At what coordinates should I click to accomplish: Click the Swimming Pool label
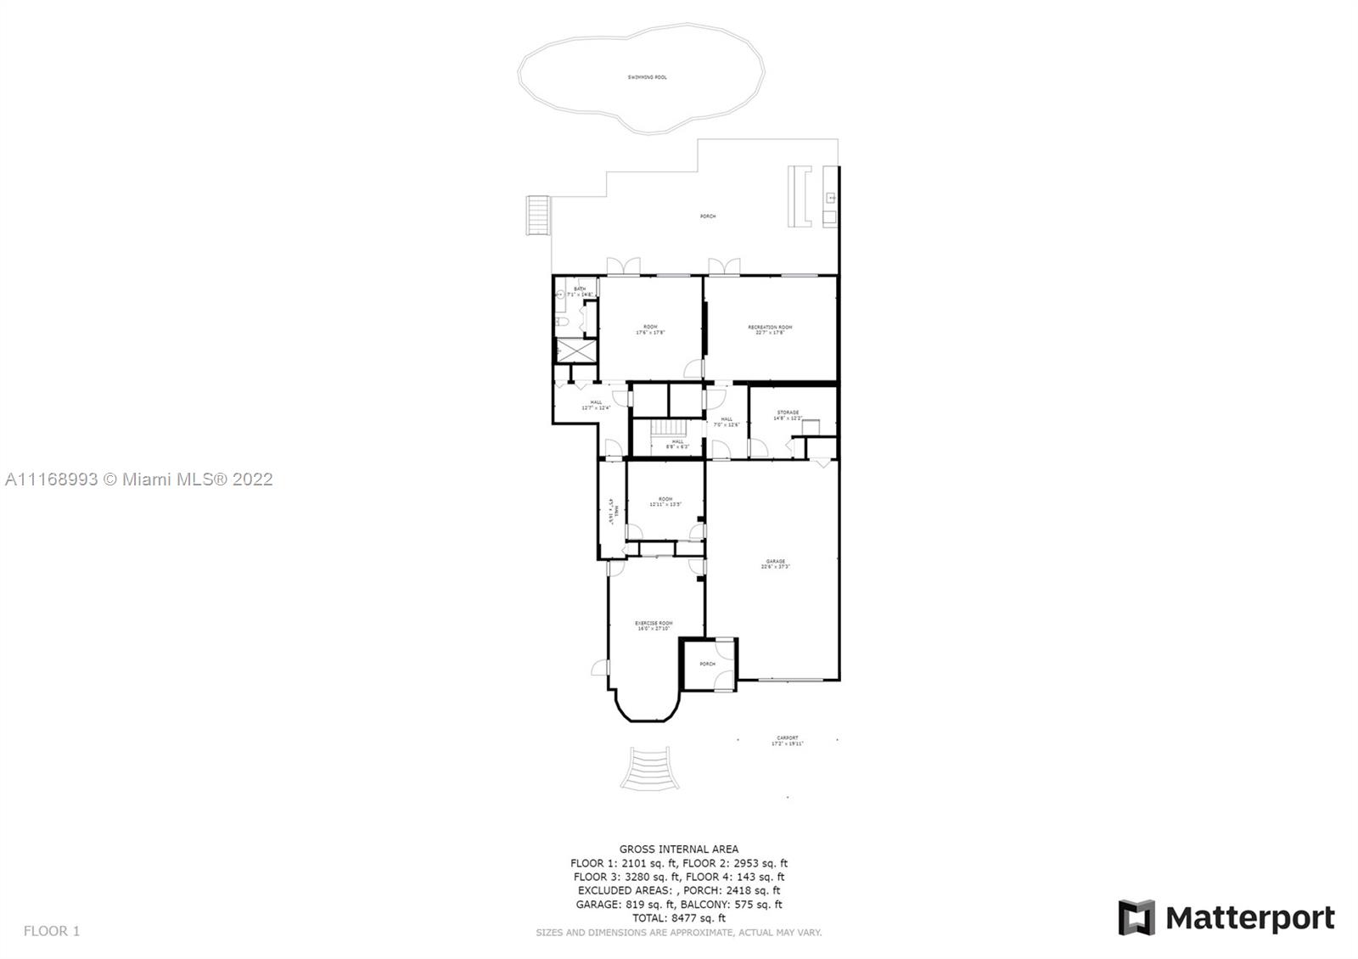click(x=647, y=77)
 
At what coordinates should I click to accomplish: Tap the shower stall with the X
click(x=575, y=350)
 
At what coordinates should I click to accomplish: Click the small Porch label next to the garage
click(x=707, y=664)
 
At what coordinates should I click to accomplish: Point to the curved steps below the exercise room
click(x=649, y=768)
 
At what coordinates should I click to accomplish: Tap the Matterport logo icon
click(x=1136, y=917)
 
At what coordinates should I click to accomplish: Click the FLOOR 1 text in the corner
click(x=51, y=931)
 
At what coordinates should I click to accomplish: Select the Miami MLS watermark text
click(x=139, y=479)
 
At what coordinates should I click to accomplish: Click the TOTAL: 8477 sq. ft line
click(x=678, y=917)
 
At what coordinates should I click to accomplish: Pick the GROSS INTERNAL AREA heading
click(x=678, y=849)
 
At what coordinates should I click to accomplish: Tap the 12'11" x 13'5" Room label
click(x=665, y=502)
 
